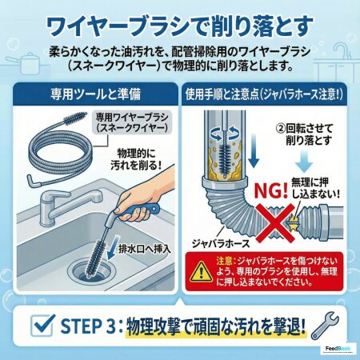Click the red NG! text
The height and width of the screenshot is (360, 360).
click(271, 190)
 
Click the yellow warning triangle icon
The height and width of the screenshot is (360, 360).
click(202, 271)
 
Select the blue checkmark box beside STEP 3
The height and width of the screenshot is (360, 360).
click(42, 325)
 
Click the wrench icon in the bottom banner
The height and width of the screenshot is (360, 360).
click(326, 326)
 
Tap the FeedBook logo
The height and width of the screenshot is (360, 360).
click(338, 349)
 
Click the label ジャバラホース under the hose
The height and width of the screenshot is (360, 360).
click(221, 243)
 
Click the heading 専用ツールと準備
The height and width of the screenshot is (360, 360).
click(95, 94)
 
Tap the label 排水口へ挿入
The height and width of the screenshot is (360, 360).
click(144, 249)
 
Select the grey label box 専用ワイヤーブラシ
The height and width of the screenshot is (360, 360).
click(132, 122)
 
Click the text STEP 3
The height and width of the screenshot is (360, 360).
click(88, 326)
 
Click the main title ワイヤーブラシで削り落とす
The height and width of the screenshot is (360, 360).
click(180, 26)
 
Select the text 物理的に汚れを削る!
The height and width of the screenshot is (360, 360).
click(137, 159)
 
